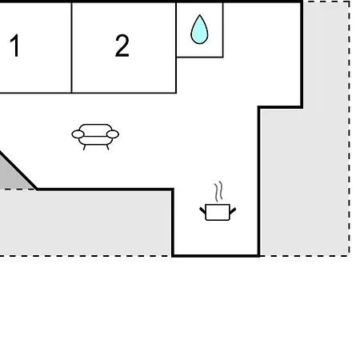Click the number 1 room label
[15, 46]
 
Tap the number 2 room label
[122, 46]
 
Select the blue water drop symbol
[199, 30]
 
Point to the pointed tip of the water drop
[199, 15]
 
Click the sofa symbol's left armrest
[78, 134]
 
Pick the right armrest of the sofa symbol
[113, 134]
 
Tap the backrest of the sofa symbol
[95, 128]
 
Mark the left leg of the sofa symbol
[84, 147]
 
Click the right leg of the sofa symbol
[107, 147]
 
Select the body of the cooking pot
[218, 212]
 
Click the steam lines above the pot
[218, 191]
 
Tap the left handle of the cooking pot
[202, 210]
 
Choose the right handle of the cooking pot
[233, 210]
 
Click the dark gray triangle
[14, 174]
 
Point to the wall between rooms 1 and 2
[72, 48]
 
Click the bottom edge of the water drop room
[200, 57]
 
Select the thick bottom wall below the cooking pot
[216, 256]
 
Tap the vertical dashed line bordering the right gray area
[349, 128]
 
